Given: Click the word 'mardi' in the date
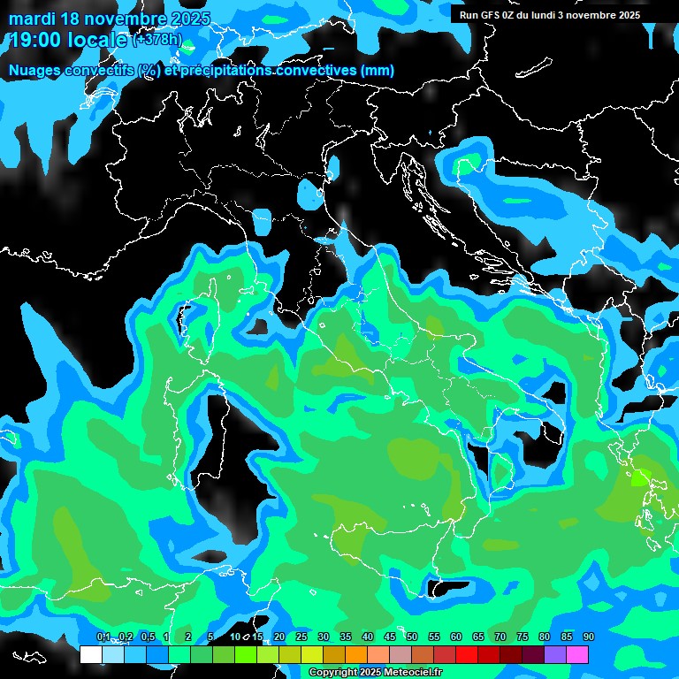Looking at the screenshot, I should [x=31, y=19].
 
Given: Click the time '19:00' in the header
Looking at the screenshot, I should [x=36, y=40].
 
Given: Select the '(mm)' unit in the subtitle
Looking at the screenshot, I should [x=378, y=70].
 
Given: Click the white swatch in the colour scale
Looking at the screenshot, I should [x=91, y=655].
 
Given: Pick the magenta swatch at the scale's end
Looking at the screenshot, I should [x=577, y=655].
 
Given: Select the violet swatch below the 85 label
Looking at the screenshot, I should [x=555, y=655].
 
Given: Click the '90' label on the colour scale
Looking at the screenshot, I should [x=589, y=637].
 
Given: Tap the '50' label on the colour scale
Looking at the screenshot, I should [x=412, y=637].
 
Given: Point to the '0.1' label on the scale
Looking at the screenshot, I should [x=103, y=637].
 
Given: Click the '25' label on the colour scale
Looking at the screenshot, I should [x=301, y=637].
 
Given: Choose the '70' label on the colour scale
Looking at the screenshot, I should [x=500, y=637].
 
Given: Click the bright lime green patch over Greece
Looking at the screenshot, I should [x=638, y=479].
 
